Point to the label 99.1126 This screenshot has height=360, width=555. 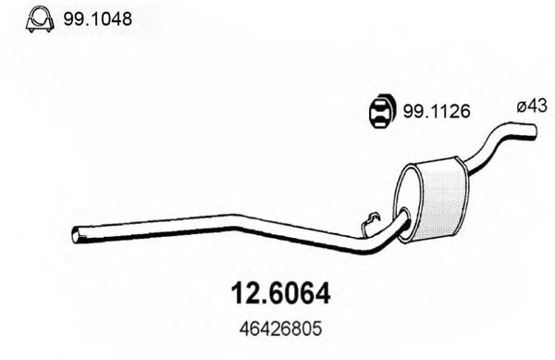pos(433,111)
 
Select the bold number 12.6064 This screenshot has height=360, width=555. pos(277,294)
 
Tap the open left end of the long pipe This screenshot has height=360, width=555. pos(76,235)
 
